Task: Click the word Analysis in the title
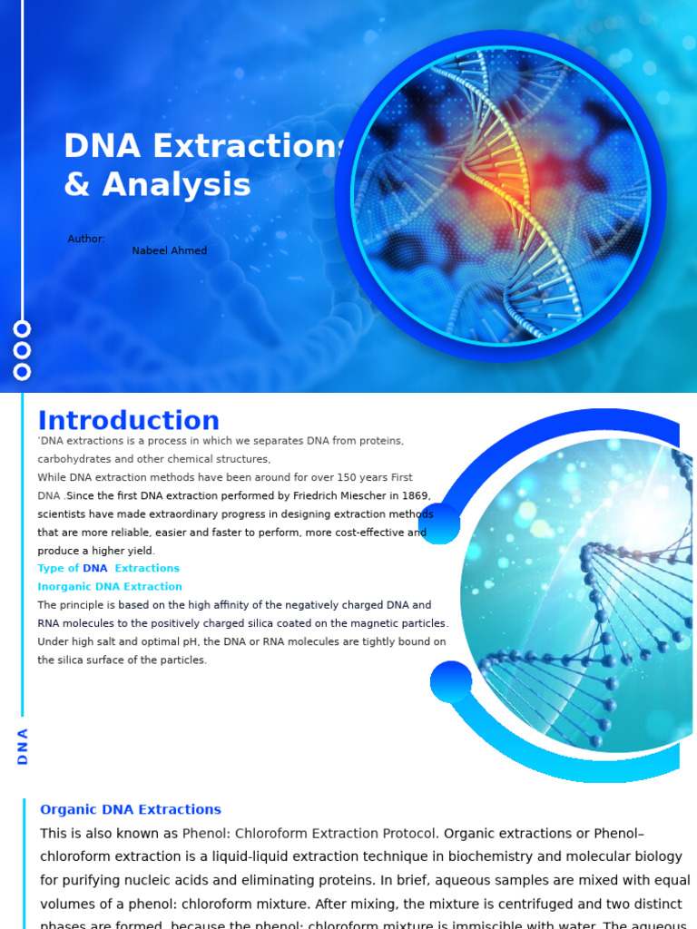(176, 185)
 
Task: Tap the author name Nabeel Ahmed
(169, 251)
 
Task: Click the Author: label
(86, 239)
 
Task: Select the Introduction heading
(128, 421)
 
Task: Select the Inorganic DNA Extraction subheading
(110, 587)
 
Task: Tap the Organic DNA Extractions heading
(131, 809)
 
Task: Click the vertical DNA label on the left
(23, 746)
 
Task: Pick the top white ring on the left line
(23, 328)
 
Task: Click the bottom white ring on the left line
(23, 371)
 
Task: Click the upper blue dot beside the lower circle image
(439, 523)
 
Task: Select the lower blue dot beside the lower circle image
(451, 681)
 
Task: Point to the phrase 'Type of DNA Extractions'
(109, 569)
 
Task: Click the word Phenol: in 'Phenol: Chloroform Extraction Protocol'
(206, 833)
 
